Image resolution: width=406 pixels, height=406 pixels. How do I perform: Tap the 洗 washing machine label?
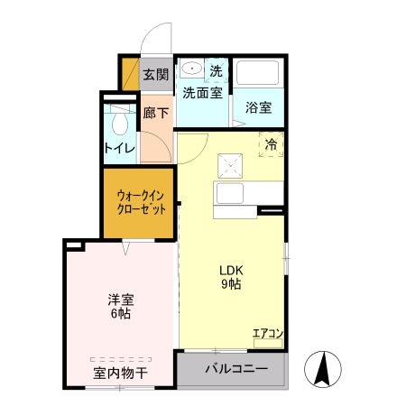click(216, 70)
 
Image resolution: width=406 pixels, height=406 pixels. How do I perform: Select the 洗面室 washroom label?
click(202, 92)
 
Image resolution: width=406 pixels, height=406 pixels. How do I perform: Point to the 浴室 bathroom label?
click(259, 107)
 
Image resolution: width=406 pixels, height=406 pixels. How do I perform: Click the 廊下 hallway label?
click(156, 114)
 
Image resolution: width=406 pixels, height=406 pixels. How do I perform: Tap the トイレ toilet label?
click(119, 148)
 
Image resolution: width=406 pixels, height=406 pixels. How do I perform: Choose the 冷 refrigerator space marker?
click(272, 143)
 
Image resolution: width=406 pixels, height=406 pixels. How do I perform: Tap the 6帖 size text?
click(119, 314)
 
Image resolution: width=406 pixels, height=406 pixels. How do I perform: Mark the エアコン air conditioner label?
click(267, 334)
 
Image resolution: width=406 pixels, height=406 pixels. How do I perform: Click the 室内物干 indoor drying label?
click(120, 372)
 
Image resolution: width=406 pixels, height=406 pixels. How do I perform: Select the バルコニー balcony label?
click(235, 369)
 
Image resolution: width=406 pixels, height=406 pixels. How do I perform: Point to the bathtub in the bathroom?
click(259, 77)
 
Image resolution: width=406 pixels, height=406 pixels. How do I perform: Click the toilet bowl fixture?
click(118, 123)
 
